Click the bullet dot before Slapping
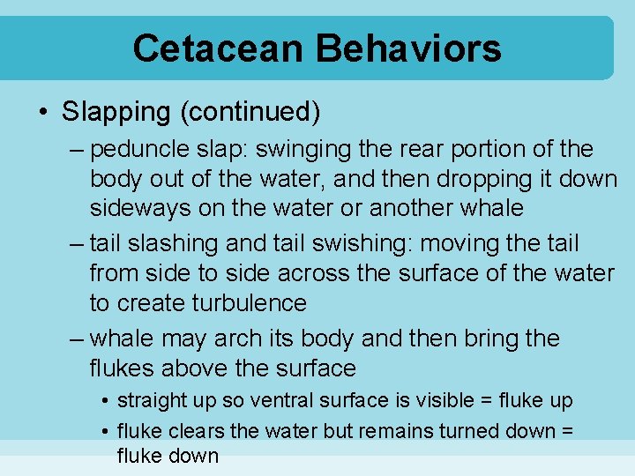coord(43,113)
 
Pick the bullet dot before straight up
coord(105,401)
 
